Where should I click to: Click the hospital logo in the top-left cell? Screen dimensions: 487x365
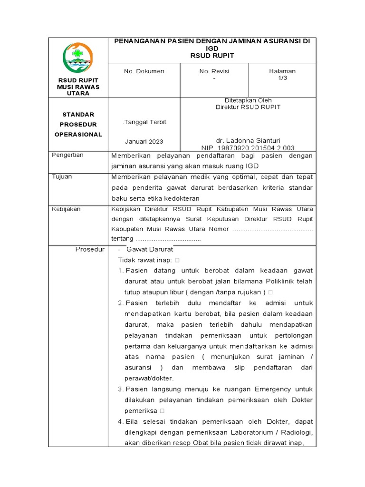click(x=77, y=58)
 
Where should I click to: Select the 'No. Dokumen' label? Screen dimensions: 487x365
click(x=144, y=71)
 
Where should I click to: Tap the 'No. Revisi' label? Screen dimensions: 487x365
click(x=214, y=71)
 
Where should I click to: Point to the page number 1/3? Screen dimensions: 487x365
click(x=282, y=78)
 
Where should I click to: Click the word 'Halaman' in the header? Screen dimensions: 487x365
click(x=282, y=71)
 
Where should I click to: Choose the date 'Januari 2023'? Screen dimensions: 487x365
click(x=144, y=142)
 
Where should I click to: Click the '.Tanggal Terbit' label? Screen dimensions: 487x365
click(x=144, y=122)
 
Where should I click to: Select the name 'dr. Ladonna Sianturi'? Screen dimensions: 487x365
click(x=248, y=141)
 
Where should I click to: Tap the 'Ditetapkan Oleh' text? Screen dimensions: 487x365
click(x=248, y=100)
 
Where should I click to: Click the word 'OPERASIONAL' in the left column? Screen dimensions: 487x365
click(x=78, y=135)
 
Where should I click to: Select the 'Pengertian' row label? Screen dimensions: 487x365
click(x=67, y=155)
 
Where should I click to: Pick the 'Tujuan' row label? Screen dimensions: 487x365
click(x=62, y=176)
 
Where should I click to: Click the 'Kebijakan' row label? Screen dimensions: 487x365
click(x=66, y=209)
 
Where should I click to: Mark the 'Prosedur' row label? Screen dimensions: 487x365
click(x=90, y=249)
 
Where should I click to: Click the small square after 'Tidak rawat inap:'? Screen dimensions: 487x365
click(x=177, y=260)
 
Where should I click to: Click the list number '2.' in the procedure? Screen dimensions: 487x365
click(x=121, y=303)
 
